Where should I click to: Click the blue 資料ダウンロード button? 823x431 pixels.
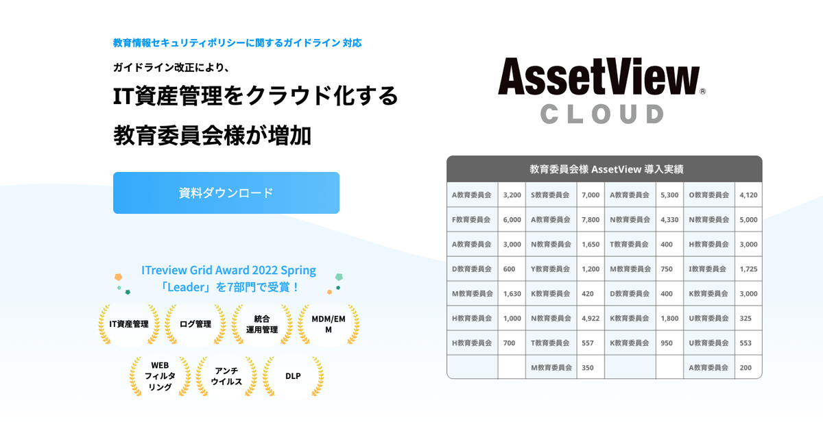226,193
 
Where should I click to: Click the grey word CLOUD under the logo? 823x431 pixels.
602,114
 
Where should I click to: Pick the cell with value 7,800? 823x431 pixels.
591,219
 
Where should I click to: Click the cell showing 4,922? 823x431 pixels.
591,319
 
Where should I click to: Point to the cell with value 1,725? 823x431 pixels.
748,269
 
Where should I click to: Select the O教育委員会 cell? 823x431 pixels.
709,195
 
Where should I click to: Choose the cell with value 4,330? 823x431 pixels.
669,219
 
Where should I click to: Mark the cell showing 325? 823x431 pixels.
748,319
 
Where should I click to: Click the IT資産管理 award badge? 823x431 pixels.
129,324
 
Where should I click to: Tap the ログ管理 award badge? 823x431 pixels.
195,324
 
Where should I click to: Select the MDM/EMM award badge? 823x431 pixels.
329,324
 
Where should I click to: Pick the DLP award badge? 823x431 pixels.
294,376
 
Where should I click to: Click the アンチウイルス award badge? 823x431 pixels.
227,376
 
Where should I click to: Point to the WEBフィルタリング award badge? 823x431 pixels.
160,376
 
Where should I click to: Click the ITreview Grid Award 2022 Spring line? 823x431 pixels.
228,270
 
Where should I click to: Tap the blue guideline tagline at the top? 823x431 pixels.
237,43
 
